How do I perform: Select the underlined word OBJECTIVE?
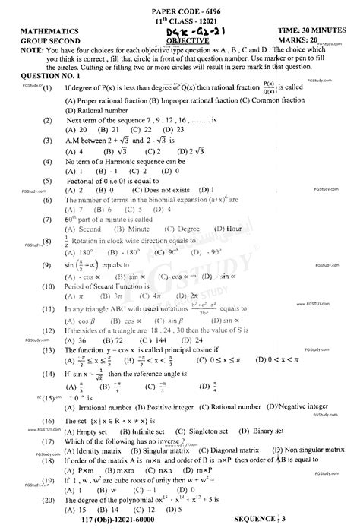[x=176, y=40]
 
